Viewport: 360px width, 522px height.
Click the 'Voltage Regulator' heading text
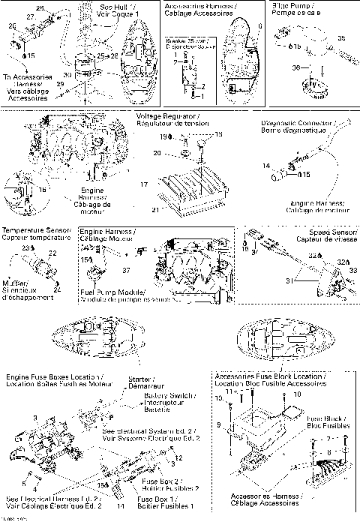pyautogui.click(x=165, y=117)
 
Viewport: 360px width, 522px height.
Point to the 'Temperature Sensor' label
pyautogui.click(x=34, y=230)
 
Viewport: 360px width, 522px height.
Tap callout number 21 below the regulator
pyautogui.click(x=155, y=211)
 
